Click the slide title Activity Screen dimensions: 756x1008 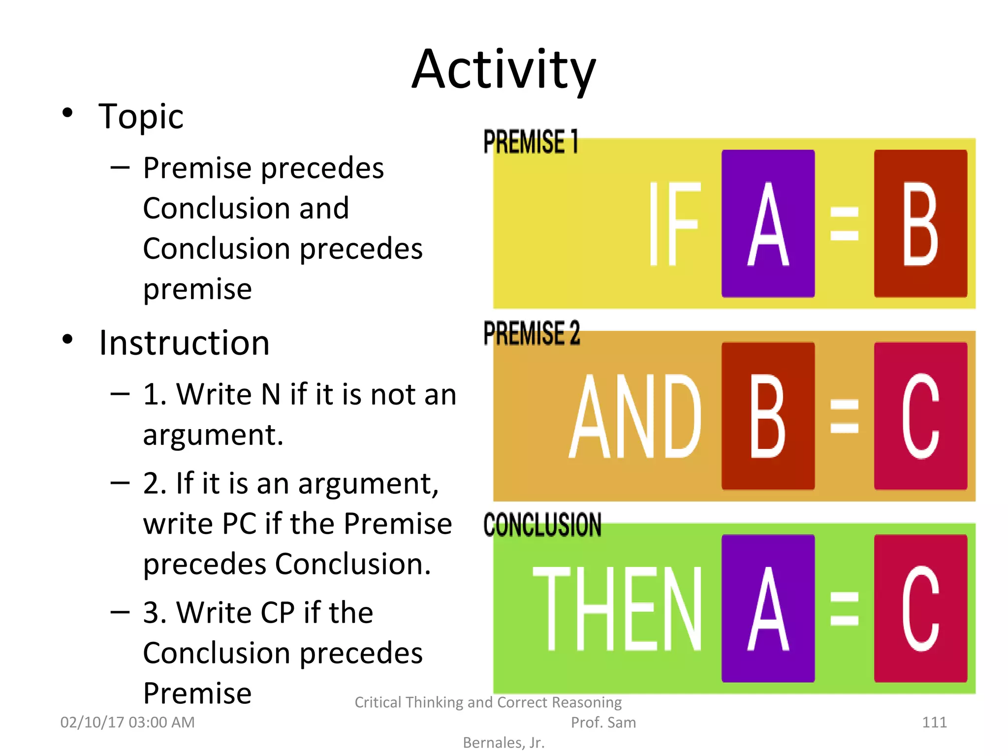[x=504, y=70]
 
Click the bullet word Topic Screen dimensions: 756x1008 [x=141, y=117]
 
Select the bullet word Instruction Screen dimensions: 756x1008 [x=184, y=343]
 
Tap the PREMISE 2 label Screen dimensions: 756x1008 [x=532, y=333]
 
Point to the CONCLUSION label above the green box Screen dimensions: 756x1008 [x=542, y=525]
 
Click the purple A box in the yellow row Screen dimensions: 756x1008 [x=768, y=223]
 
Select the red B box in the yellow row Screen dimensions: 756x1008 [x=920, y=223]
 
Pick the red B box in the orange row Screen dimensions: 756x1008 [x=768, y=416]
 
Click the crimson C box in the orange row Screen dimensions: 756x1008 [x=920, y=416]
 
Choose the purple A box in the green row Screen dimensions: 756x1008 [x=768, y=608]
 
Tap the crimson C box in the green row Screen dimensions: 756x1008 [x=920, y=608]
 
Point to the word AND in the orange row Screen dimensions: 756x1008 [x=635, y=416]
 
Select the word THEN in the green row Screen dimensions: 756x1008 [x=618, y=608]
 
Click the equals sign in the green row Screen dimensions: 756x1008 [x=844, y=608]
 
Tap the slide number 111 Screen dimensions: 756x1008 [x=934, y=722]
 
